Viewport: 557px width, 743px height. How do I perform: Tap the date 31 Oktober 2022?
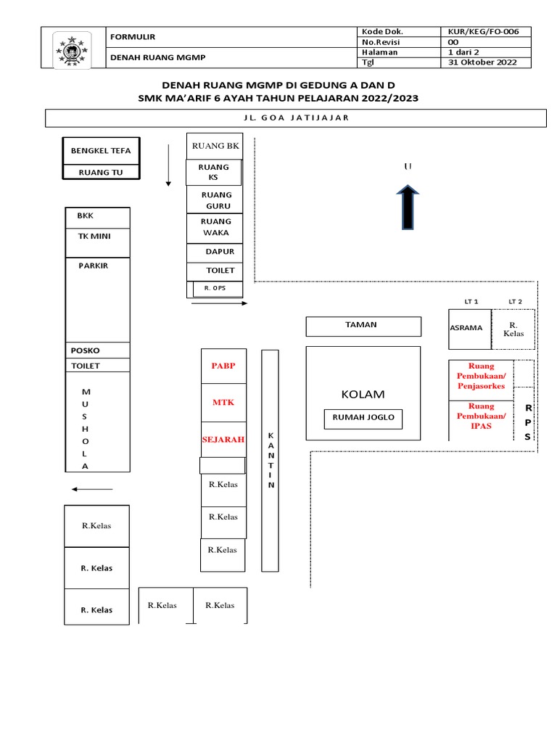(x=482, y=62)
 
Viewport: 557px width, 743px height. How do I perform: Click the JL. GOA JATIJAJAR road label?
(x=295, y=118)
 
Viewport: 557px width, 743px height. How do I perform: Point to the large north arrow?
(x=408, y=207)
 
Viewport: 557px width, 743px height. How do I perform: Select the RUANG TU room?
(x=100, y=172)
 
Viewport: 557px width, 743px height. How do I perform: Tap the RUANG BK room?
(x=215, y=146)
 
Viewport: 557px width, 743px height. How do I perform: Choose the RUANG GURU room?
(x=216, y=200)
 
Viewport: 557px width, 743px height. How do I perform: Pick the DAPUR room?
(x=219, y=252)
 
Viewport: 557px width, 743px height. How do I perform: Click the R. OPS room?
(x=215, y=288)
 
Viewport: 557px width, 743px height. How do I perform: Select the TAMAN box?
(x=363, y=326)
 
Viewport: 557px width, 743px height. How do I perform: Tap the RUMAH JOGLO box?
(x=363, y=418)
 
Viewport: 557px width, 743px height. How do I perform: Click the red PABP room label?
(x=223, y=366)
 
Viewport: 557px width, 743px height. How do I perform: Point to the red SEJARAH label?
(x=223, y=439)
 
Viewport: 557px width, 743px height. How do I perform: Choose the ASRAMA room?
(x=466, y=328)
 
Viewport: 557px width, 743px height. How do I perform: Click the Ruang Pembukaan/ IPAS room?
(x=481, y=416)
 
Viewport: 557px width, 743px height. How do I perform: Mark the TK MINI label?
(x=94, y=236)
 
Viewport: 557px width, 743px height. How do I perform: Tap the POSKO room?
(x=86, y=350)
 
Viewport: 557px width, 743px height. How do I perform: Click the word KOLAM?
(x=363, y=395)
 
